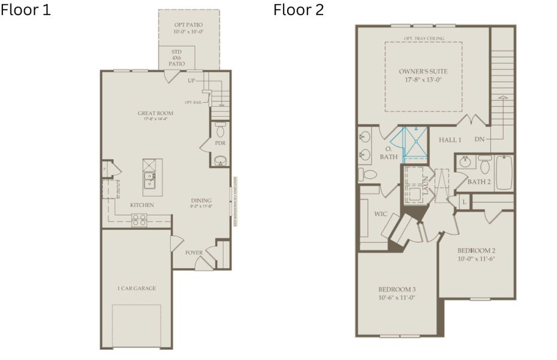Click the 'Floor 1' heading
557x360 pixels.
(x=25, y=10)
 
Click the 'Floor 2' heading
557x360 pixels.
(x=299, y=10)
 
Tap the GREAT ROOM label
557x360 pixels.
(x=155, y=113)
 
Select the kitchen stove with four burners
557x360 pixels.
(x=139, y=220)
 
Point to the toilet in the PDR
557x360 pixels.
(x=220, y=129)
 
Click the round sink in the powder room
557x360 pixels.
(x=220, y=160)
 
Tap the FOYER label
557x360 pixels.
(x=194, y=253)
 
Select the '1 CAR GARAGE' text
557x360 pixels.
(x=136, y=289)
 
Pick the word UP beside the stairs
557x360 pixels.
(x=191, y=80)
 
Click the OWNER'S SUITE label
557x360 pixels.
(x=423, y=71)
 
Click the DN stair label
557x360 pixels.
(x=479, y=140)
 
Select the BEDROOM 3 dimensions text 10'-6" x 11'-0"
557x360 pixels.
(x=397, y=297)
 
